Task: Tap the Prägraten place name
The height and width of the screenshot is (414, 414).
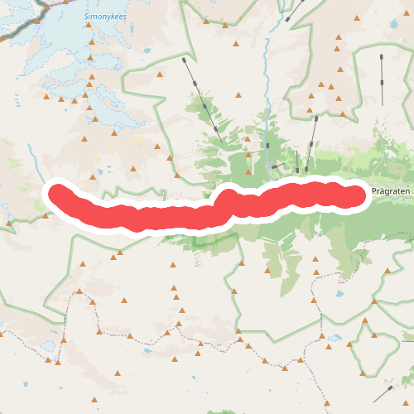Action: (x=391, y=191)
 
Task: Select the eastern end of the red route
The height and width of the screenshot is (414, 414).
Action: (x=356, y=195)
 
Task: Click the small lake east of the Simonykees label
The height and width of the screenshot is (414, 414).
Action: (x=147, y=51)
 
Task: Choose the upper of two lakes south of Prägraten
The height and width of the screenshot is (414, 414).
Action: (x=339, y=293)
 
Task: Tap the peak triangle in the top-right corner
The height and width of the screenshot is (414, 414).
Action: (x=338, y=37)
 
